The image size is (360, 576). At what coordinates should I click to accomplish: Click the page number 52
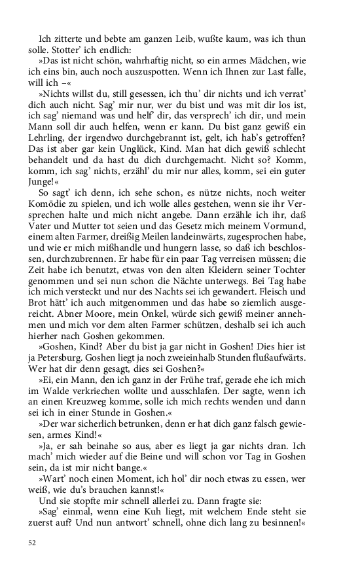tap(32, 542)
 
